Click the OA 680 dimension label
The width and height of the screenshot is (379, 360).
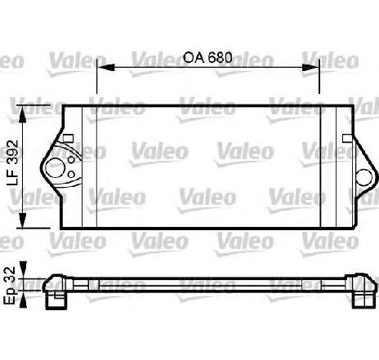tap(208, 57)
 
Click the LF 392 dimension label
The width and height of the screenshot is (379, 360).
tap(12, 162)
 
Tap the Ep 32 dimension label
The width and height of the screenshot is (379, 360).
tap(10, 286)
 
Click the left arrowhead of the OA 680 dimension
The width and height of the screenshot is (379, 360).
tap(106, 67)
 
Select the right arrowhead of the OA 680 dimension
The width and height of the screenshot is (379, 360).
tap(310, 67)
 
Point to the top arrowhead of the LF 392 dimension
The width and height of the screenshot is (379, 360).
tap(23, 113)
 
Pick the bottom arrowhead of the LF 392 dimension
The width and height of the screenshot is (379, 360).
tap(23, 220)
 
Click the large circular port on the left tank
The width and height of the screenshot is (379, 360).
tap(55, 168)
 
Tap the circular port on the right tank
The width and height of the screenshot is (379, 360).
tap(364, 177)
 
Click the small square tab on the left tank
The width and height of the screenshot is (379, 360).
tap(68, 138)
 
